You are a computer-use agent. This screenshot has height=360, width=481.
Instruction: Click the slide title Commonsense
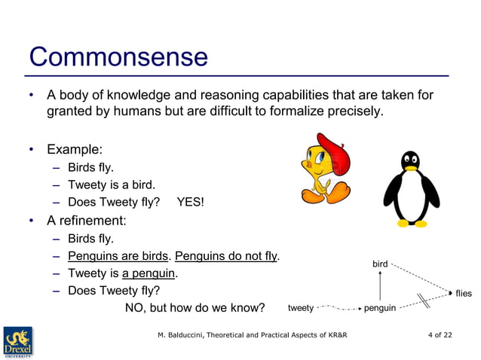(118, 57)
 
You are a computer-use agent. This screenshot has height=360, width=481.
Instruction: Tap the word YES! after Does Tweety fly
(190, 202)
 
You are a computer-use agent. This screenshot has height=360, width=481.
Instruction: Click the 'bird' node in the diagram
(380, 264)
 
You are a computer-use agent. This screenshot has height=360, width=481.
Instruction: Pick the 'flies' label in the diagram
(463, 293)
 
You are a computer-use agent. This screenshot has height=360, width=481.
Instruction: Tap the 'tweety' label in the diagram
(301, 308)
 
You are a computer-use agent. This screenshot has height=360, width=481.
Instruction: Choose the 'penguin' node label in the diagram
(380, 308)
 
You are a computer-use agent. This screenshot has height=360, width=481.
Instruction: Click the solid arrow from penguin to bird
(380, 286)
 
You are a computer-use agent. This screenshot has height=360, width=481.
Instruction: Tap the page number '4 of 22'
(440, 334)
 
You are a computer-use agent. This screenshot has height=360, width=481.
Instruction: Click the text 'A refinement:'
(86, 221)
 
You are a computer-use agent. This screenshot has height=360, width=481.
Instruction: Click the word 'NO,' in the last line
(136, 308)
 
